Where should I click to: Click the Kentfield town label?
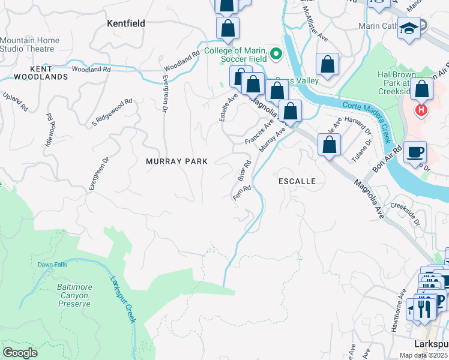click(x=125, y=23)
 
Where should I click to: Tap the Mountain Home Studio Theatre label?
click(x=30, y=44)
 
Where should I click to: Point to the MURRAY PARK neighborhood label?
click(x=177, y=161)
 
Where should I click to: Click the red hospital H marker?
click(x=422, y=110)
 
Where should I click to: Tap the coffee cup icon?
click(x=415, y=151)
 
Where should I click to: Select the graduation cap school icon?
click(x=408, y=28)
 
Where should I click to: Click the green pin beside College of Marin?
click(x=276, y=55)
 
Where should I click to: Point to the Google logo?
click(x=20, y=352)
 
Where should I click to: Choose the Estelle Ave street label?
click(x=226, y=107)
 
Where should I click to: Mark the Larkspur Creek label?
click(x=123, y=299)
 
